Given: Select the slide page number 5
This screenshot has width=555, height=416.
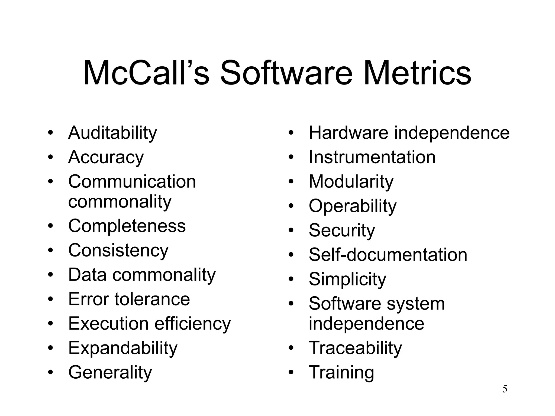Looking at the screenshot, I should pyautogui.click(x=505, y=389).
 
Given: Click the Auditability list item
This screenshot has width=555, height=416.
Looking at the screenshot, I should pyautogui.click(x=112, y=133).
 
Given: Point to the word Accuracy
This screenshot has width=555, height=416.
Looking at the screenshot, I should pyautogui.click(x=106, y=157).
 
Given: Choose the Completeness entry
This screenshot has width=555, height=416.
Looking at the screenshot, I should pyautogui.click(x=127, y=226).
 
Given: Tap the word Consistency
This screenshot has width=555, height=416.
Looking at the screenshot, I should pyautogui.click(x=118, y=251).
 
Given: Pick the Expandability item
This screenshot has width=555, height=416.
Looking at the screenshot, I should pyautogui.click(x=123, y=348).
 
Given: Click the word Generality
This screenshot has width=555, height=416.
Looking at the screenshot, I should pyautogui.click(x=110, y=372).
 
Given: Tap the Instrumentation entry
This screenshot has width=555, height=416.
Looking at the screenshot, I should pyautogui.click(x=372, y=157).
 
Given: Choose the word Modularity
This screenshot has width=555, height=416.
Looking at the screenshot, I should pyautogui.click(x=351, y=181).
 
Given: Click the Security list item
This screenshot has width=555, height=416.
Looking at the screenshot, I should pyautogui.click(x=342, y=230).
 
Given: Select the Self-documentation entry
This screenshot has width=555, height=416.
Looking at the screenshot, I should pyautogui.click(x=388, y=255).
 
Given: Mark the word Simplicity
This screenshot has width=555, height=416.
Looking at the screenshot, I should pyautogui.click(x=347, y=279).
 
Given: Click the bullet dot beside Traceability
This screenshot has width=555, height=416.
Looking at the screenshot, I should pyautogui.click(x=291, y=348).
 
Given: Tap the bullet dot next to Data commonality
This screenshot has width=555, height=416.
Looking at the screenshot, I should pyautogui.click(x=50, y=275).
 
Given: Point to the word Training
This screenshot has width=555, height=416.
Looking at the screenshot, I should pyautogui.click(x=341, y=372).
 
